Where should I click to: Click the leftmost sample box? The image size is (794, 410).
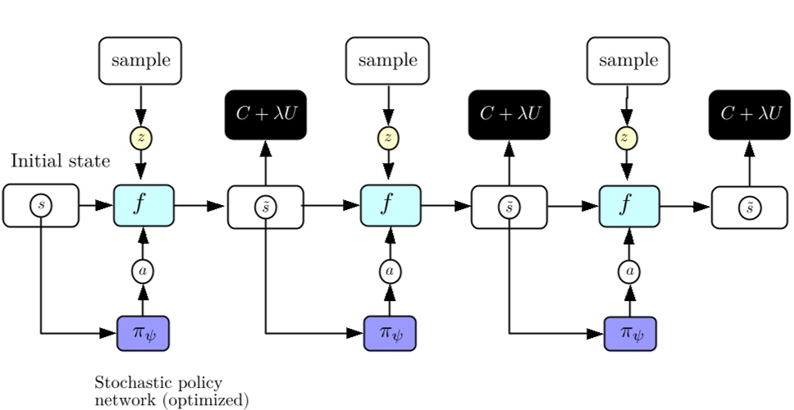[x=140, y=61]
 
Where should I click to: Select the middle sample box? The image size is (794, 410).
[x=387, y=61]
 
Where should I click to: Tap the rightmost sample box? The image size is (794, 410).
[x=627, y=61]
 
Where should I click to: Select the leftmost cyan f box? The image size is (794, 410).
[x=144, y=205]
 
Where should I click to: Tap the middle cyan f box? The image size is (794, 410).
[x=390, y=205]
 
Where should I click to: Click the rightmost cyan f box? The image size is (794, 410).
[x=629, y=205]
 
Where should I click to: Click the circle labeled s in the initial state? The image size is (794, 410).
[x=41, y=206]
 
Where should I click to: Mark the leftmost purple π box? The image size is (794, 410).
[x=143, y=332]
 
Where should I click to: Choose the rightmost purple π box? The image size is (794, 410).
[x=630, y=332]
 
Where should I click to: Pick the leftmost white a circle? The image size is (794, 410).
[x=143, y=270]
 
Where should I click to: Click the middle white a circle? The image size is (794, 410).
[x=390, y=270]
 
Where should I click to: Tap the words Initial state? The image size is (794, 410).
[x=60, y=161]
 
